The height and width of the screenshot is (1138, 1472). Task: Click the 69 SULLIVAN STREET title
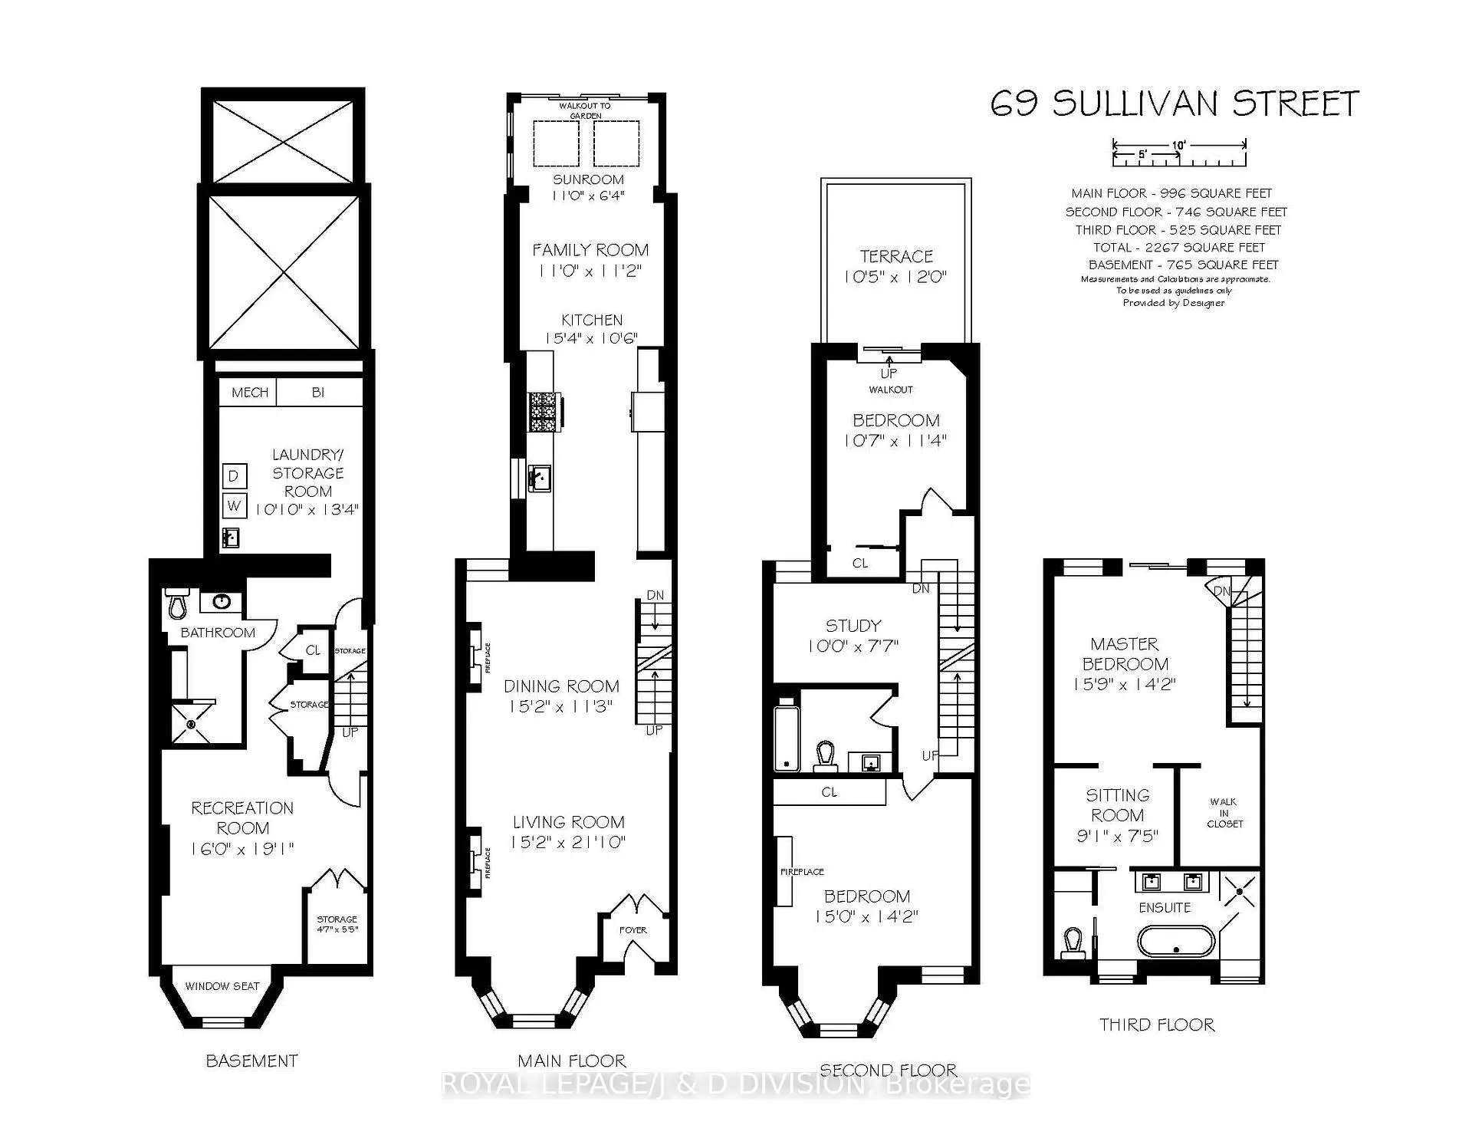pos(1174,104)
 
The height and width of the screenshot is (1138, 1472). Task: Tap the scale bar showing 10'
pos(1179,152)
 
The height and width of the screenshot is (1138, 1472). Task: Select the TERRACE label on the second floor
pos(895,256)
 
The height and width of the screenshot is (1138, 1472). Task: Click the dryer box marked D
pos(234,476)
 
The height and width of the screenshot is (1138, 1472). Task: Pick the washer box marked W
pos(234,505)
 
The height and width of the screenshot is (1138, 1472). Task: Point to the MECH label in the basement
pos(250,393)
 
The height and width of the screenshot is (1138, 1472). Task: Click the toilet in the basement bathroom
pos(178,604)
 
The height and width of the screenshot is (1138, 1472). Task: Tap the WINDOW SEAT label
pos(222,986)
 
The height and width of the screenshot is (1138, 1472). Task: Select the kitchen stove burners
pos(544,414)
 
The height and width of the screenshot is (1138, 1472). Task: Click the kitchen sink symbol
pos(540,479)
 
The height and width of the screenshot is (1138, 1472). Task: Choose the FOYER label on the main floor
pos(633,930)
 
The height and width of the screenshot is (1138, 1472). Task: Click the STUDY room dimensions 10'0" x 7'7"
pos(853,646)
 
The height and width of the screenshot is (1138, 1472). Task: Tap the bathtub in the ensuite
pos(1176,941)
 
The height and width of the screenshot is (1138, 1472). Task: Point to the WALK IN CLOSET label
pos(1224,813)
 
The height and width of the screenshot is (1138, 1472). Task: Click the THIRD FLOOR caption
pos(1157,1025)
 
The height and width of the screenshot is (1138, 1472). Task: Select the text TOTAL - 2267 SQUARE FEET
pos(1178,247)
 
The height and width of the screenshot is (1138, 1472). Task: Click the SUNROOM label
pos(588,179)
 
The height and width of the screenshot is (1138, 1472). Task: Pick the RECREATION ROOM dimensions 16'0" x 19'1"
pos(242,849)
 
